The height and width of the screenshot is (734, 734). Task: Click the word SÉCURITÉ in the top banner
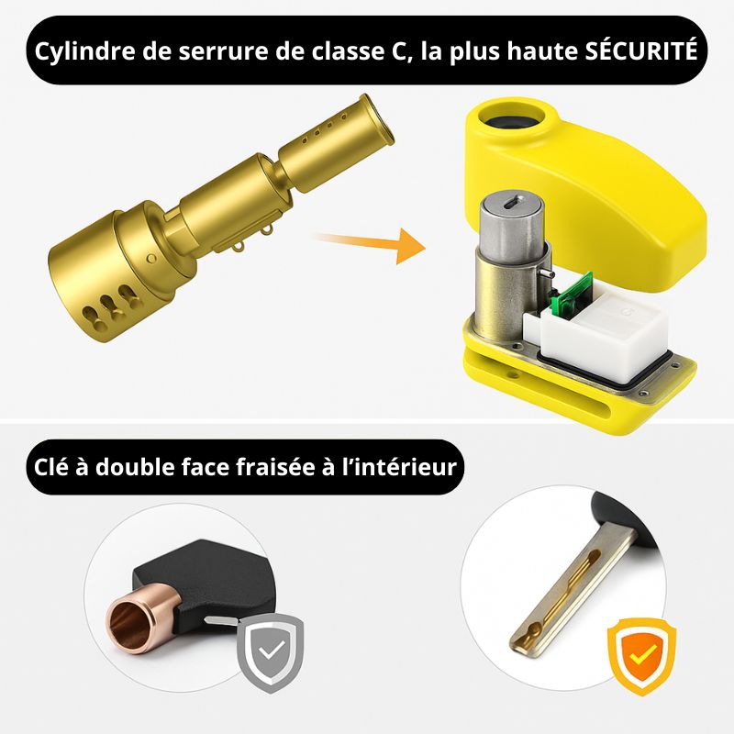click(641, 50)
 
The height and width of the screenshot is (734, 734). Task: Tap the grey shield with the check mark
click(271, 652)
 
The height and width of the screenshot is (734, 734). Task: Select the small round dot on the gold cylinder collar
click(151, 258)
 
